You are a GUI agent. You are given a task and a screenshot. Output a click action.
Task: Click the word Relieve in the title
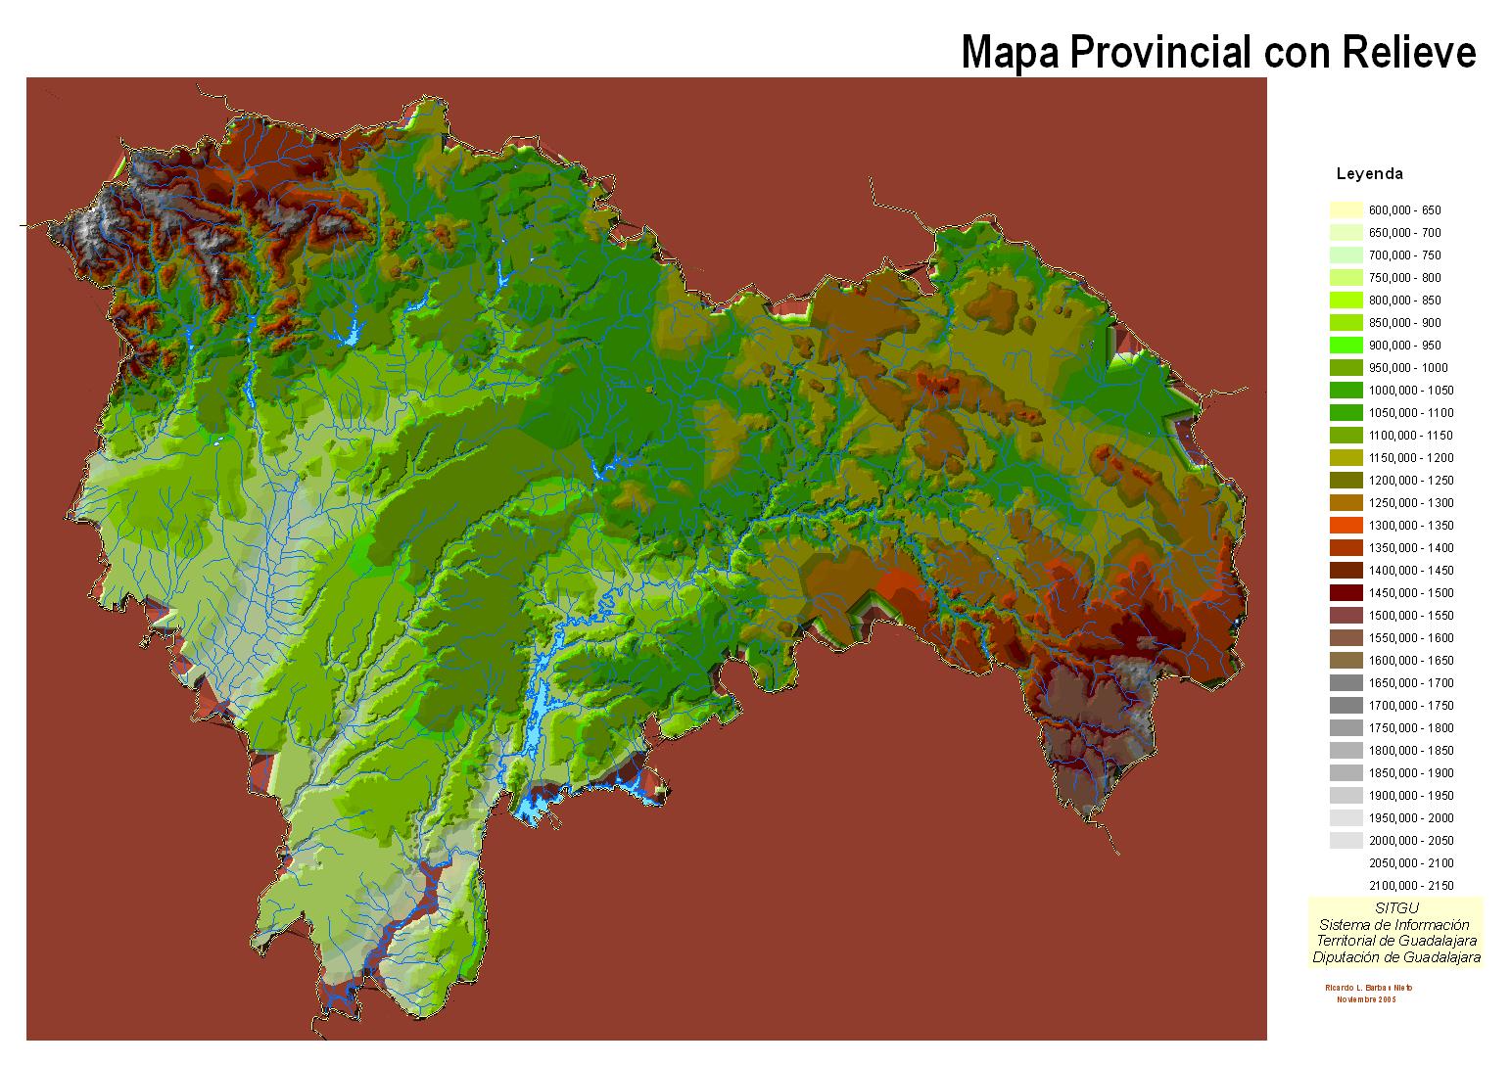[x=1408, y=52]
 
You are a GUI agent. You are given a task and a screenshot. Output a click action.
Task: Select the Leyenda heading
[x=1369, y=174]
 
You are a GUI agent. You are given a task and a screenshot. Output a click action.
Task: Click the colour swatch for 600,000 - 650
[x=1346, y=209]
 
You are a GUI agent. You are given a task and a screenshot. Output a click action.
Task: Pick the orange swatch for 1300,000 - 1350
[x=1346, y=526]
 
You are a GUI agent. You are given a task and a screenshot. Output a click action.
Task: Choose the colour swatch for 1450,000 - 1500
[x=1346, y=593]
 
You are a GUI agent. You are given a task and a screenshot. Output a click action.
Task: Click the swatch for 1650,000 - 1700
[x=1346, y=683]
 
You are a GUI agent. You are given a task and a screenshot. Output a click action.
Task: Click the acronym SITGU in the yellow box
[x=1396, y=908]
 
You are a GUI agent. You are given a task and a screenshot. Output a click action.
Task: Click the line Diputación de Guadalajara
[x=1396, y=957]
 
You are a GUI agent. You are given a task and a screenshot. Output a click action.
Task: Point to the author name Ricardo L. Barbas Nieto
[x=1368, y=988]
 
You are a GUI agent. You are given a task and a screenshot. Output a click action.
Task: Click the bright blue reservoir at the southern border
[x=534, y=809]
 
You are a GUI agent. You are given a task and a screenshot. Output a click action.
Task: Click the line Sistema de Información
[x=1394, y=925]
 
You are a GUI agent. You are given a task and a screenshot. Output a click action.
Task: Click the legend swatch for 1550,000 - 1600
[x=1346, y=638]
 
